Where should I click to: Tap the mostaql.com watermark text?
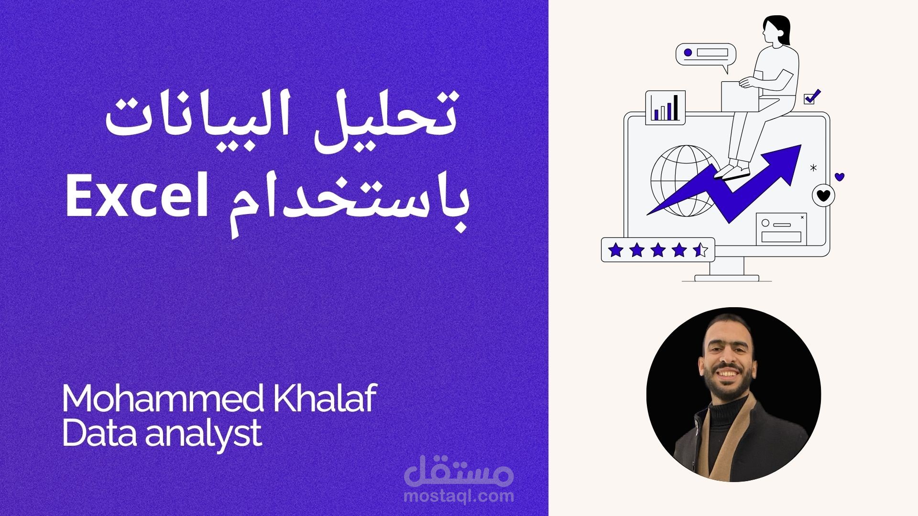[x=459, y=496]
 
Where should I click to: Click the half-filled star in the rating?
[x=700, y=249]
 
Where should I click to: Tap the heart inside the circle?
[x=823, y=195]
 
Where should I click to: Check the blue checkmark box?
[x=811, y=97]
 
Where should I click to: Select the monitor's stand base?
[x=727, y=278]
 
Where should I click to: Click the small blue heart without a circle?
[x=840, y=177]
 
